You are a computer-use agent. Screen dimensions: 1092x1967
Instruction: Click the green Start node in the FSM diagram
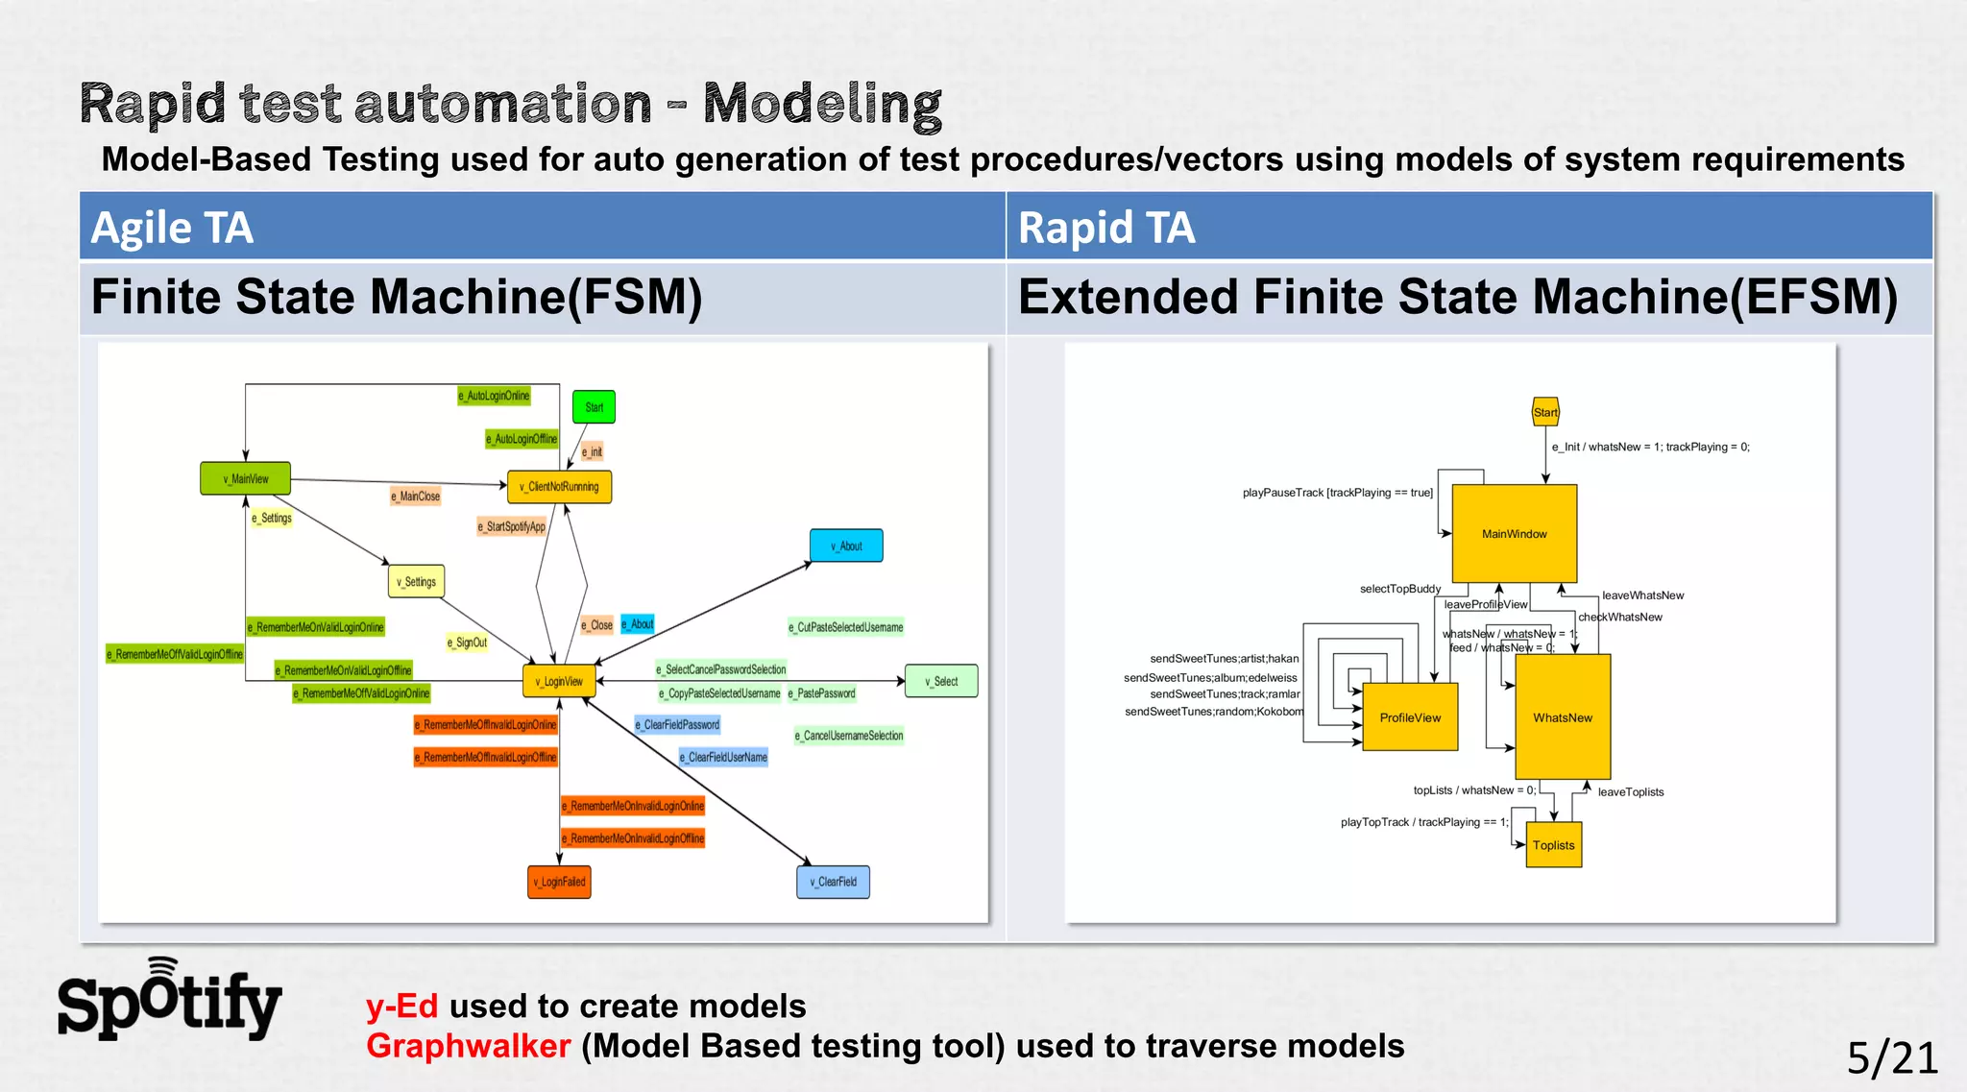pyautogui.click(x=594, y=407)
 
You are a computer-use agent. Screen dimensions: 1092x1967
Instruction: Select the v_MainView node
pyautogui.click(x=245, y=478)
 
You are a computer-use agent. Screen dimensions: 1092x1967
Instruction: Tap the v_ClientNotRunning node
pyautogui.click(x=559, y=487)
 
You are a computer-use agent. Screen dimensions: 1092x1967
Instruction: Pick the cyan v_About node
pyautogui.click(x=846, y=546)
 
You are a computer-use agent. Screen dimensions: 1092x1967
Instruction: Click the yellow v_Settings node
pyautogui.click(x=416, y=581)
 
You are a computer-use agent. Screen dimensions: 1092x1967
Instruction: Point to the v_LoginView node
pyautogui.click(x=559, y=681)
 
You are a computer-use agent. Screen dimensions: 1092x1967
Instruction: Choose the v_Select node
pyautogui.click(x=941, y=681)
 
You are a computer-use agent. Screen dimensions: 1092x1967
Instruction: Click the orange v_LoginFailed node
pyautogui.click(x=559, y=882)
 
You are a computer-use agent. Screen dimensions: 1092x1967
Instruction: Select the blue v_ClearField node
pyautogui.click(x=833, y=882)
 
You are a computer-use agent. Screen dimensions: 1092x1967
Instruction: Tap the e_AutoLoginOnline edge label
pyautogui.click(x=494, y=396)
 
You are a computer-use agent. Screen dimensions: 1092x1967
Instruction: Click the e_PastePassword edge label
pyautogui.click(x=821, y=693)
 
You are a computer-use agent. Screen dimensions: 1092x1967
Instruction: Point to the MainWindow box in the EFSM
pyautogui.click(x=1514, y=534)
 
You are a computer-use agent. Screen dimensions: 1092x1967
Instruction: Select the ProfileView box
pyautogui.click(x=1410, y=717)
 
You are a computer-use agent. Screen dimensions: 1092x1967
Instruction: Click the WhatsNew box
pyautogui.click(x=1563, y=717)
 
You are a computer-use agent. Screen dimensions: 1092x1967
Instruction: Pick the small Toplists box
pyautogui.click(x=1553, y=845)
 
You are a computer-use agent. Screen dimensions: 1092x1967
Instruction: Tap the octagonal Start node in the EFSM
pyautogui.click(x=1545, y=412)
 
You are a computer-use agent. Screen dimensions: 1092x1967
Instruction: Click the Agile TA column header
pyautogui.click(x=173, y=228)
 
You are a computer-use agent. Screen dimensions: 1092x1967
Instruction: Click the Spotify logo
pyautogui.click(x=169, y=1001)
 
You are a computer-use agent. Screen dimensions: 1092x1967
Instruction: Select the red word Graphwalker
pyautogui.click(x=469, y=1046)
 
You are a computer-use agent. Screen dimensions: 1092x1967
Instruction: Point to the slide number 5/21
pyautogui.click(x=1892, y=1058)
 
